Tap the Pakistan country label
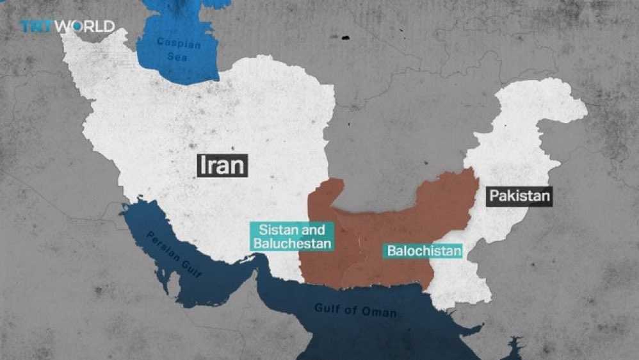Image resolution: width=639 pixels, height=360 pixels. point(519,195)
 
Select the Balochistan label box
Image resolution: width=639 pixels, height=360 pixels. point(423,250)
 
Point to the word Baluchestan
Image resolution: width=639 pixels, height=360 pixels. point(292,243)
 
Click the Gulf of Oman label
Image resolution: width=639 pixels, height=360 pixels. point(355,310)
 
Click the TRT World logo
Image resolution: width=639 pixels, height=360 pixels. point(67,26)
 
